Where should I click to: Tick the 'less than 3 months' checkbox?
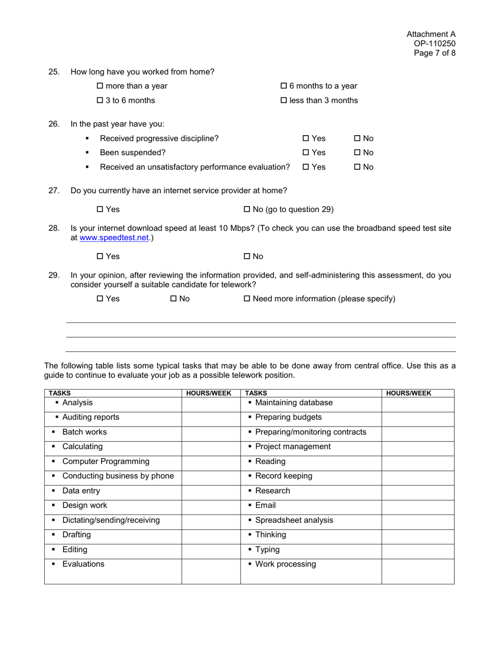point(284,100)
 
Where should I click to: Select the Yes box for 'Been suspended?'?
point(306,153)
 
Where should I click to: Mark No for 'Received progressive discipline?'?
point(357,139)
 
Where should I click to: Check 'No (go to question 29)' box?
point(247,210)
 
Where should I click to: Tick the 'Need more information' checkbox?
point(247,299)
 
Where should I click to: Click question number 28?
point(54,228)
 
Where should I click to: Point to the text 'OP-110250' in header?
point(435,44)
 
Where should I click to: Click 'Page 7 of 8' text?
point(435,53)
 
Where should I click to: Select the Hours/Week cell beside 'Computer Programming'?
point(211,462)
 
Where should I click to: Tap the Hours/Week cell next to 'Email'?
point(417,506)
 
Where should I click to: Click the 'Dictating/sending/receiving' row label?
point(111,520)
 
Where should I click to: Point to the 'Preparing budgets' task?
point(288,418)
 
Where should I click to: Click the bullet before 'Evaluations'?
point(54,565)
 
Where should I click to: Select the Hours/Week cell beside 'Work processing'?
point(417,571)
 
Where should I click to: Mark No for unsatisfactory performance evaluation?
point(357,167)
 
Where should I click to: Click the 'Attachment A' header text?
point(431,34)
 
